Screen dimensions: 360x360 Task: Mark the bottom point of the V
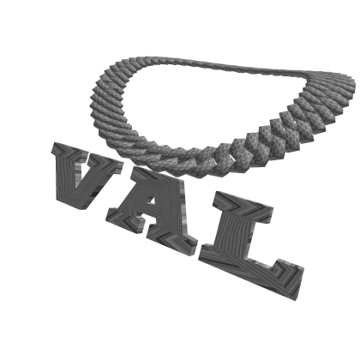[x=73, y=207]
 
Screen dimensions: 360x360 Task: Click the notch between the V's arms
[x=86, y=163]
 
